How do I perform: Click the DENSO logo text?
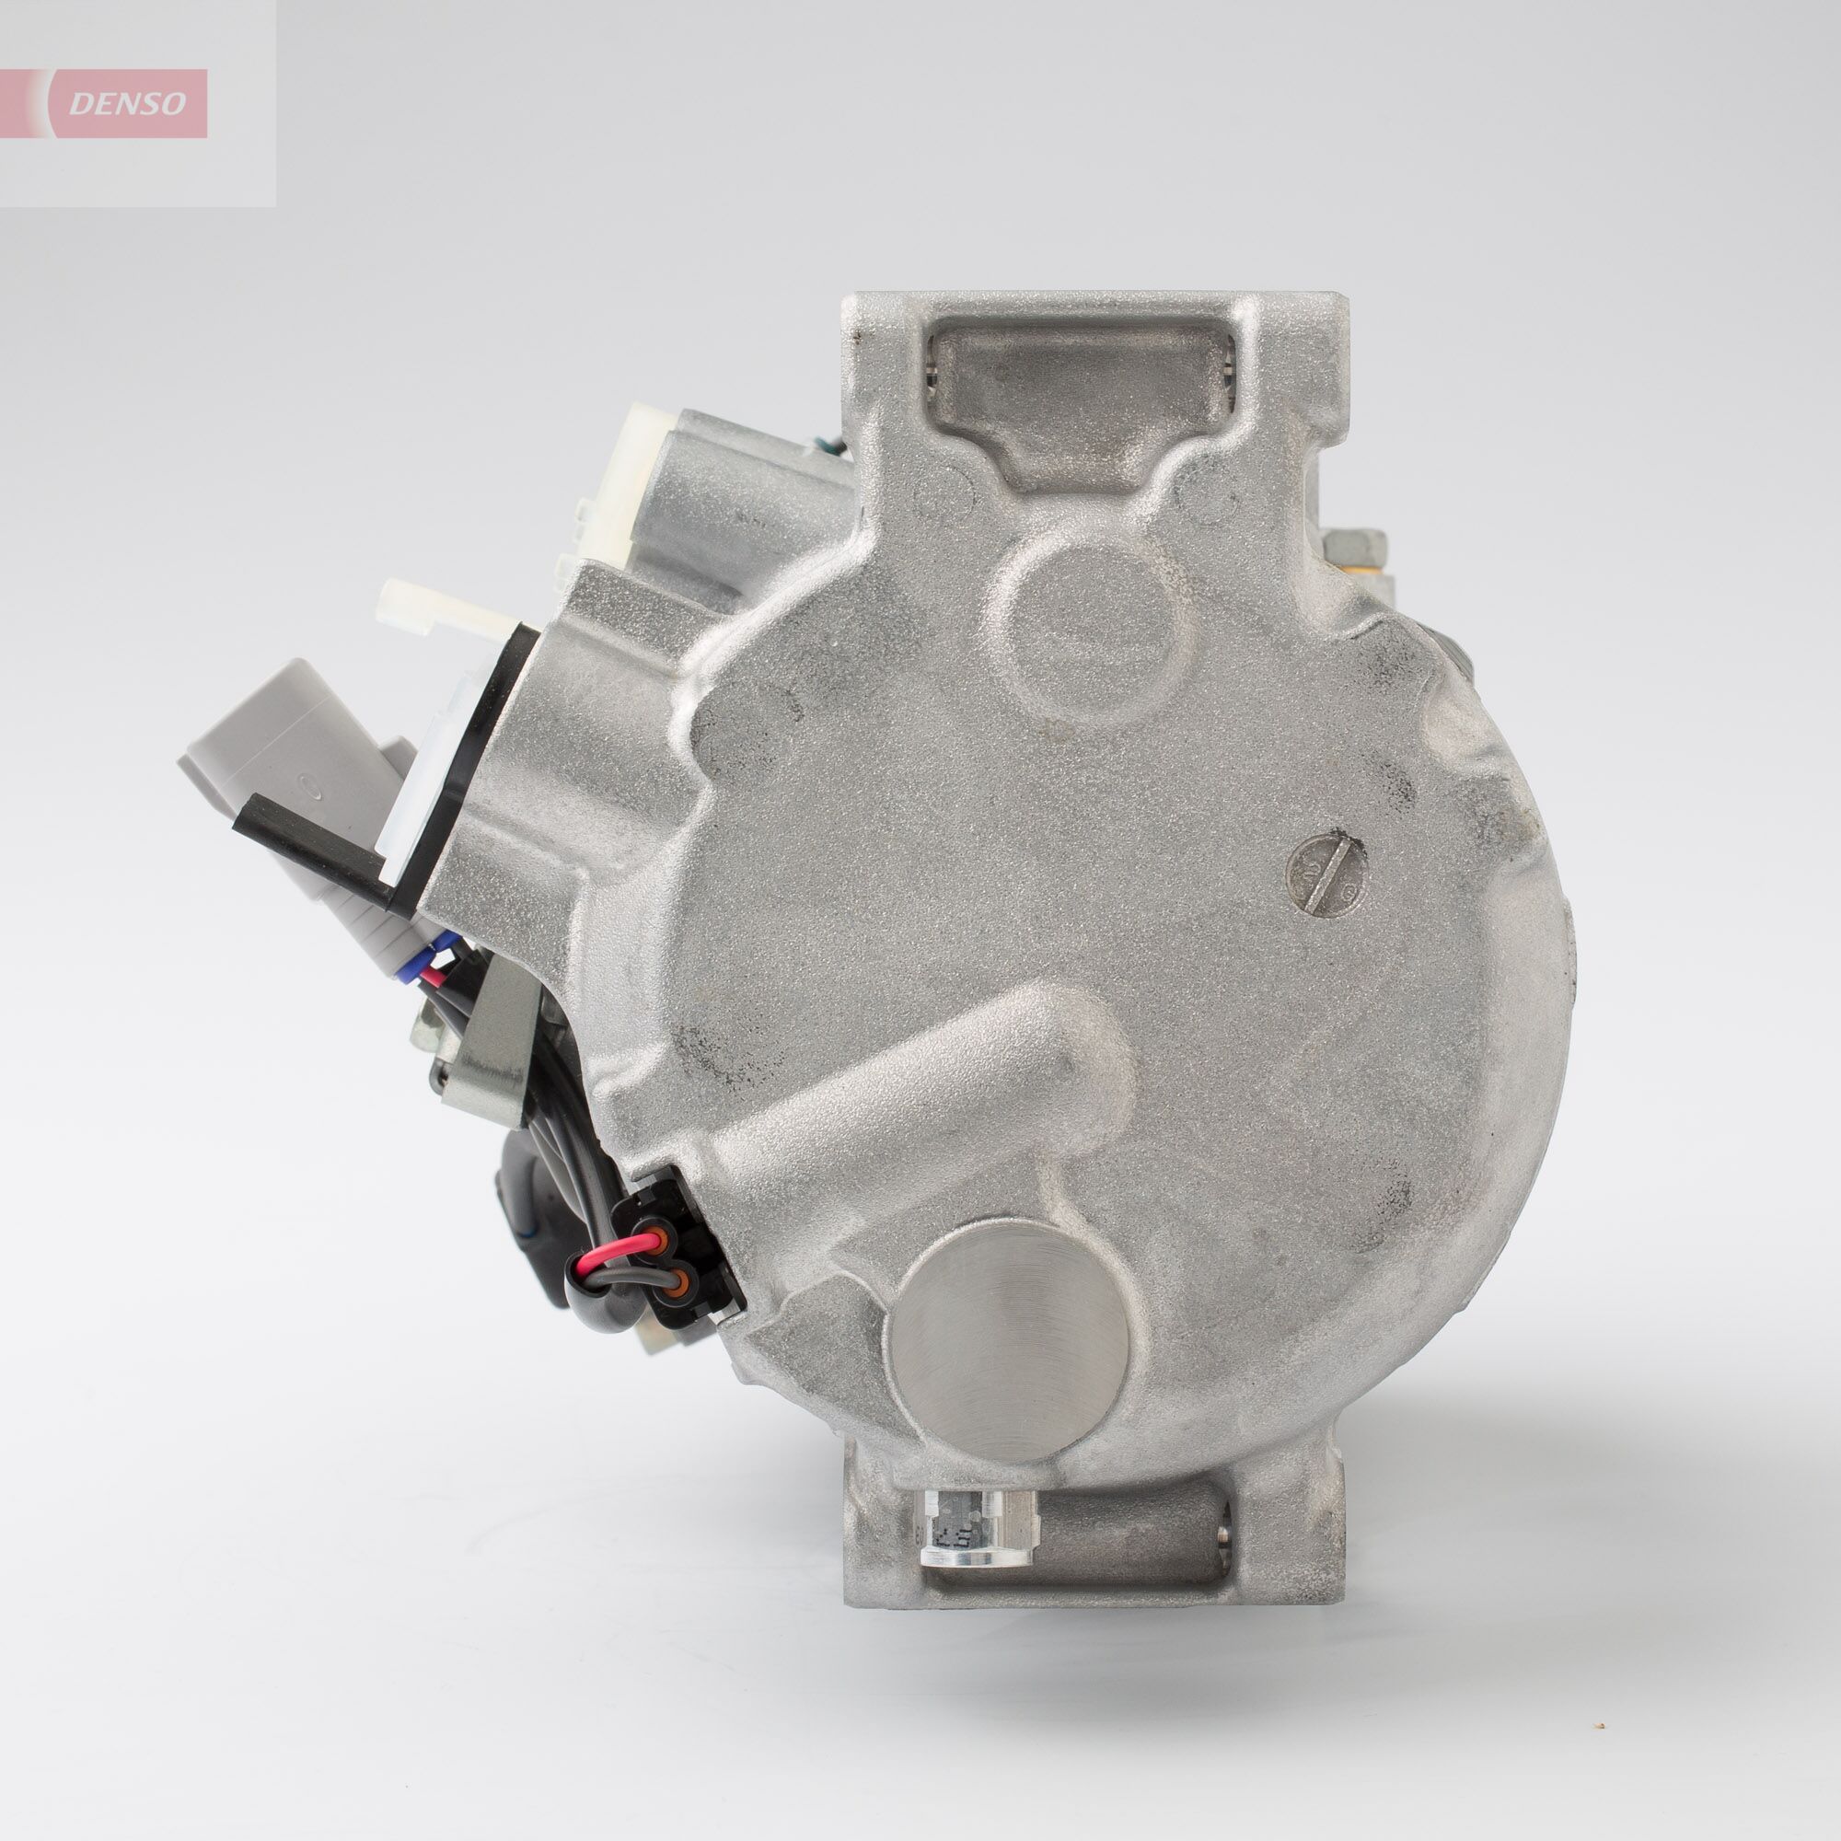tap(127, 104)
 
